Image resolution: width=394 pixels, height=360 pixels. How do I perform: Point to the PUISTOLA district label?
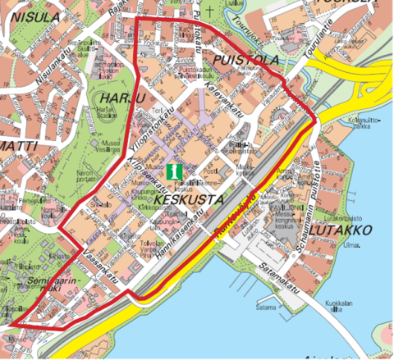point(245,61)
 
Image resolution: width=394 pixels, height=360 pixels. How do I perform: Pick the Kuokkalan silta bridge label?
point(337,307)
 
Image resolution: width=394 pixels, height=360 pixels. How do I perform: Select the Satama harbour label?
point(265,308)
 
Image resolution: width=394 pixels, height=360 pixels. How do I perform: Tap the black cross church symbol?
point(211,11)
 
